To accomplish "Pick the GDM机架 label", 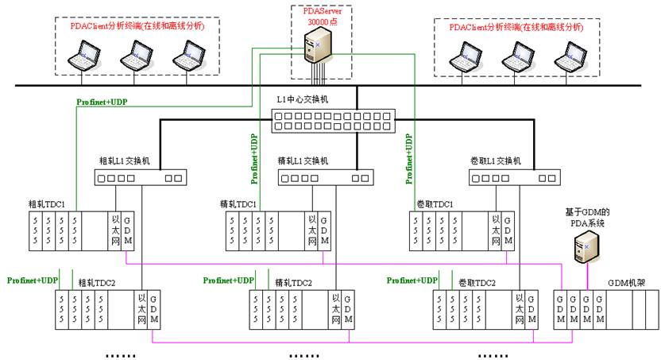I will point(624,282).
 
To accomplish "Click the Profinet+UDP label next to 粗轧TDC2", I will point(33,281).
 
